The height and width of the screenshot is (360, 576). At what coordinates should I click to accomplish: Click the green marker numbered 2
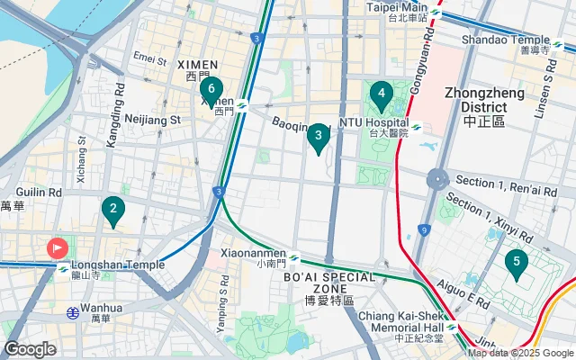[112, 211]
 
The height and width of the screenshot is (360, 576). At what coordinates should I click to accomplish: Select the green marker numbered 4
[382, 94]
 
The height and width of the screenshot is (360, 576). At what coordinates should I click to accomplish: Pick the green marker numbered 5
[517, 263]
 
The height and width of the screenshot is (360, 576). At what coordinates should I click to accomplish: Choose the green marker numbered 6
[211, 89]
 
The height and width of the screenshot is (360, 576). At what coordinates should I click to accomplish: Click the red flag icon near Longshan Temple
[57, 247]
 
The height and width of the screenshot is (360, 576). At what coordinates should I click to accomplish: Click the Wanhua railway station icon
[71, 312]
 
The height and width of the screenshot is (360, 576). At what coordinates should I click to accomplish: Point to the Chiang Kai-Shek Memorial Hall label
[400, 322]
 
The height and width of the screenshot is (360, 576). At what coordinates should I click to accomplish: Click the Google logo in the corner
[30, 348]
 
